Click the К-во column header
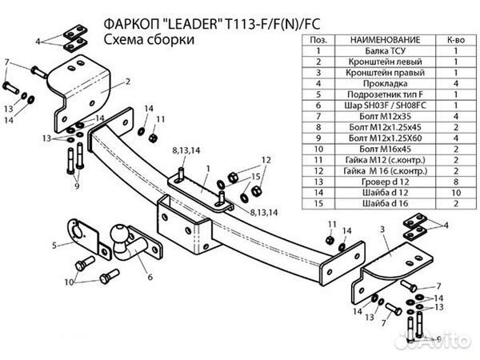point(452,38)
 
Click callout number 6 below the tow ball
point(149,278)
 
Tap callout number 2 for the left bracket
point(127,82)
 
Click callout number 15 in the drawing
point(257,176)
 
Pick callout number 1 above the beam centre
point(206,168)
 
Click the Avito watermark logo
point(444,342)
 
